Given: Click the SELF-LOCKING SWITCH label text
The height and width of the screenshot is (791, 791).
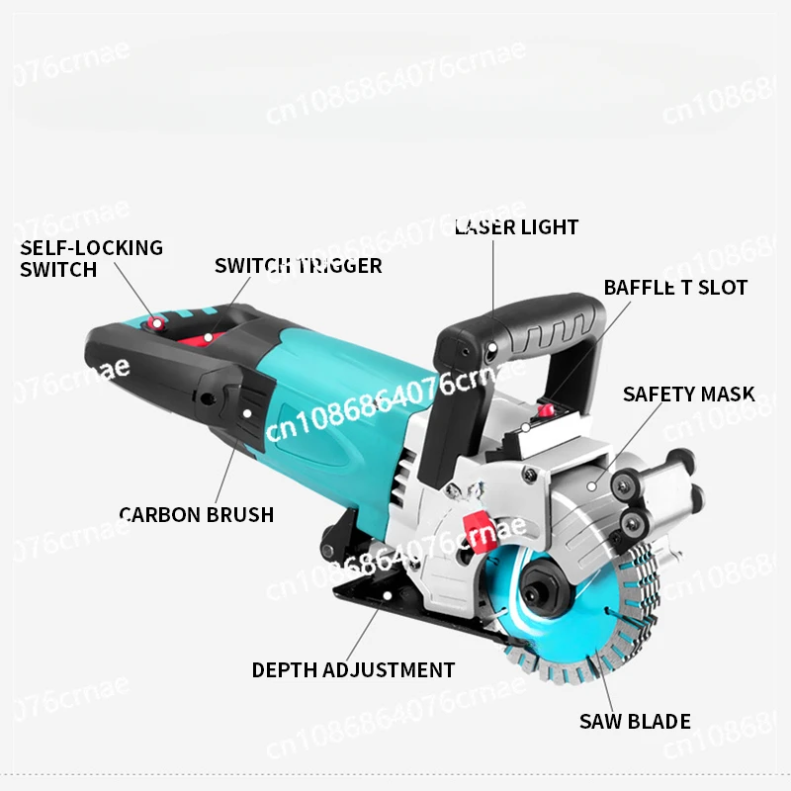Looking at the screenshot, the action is (91, 258).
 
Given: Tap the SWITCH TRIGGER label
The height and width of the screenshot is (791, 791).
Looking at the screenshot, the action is (298, 266).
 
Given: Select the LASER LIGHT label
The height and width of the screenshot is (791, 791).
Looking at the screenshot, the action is (516, 227).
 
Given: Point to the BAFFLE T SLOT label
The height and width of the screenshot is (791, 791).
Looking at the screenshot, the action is (675, 288).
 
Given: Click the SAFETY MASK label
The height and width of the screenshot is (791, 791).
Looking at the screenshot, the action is (688, 394).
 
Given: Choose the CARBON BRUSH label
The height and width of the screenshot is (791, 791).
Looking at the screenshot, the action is (196, 514).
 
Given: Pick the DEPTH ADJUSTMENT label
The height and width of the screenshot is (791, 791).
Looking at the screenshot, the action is (353, 670).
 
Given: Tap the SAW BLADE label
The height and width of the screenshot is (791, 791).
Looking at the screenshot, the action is (635, 721).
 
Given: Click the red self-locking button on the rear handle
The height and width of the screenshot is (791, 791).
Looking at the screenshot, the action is (154, 321).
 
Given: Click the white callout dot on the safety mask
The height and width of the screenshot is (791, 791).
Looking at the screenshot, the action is (590, 484).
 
